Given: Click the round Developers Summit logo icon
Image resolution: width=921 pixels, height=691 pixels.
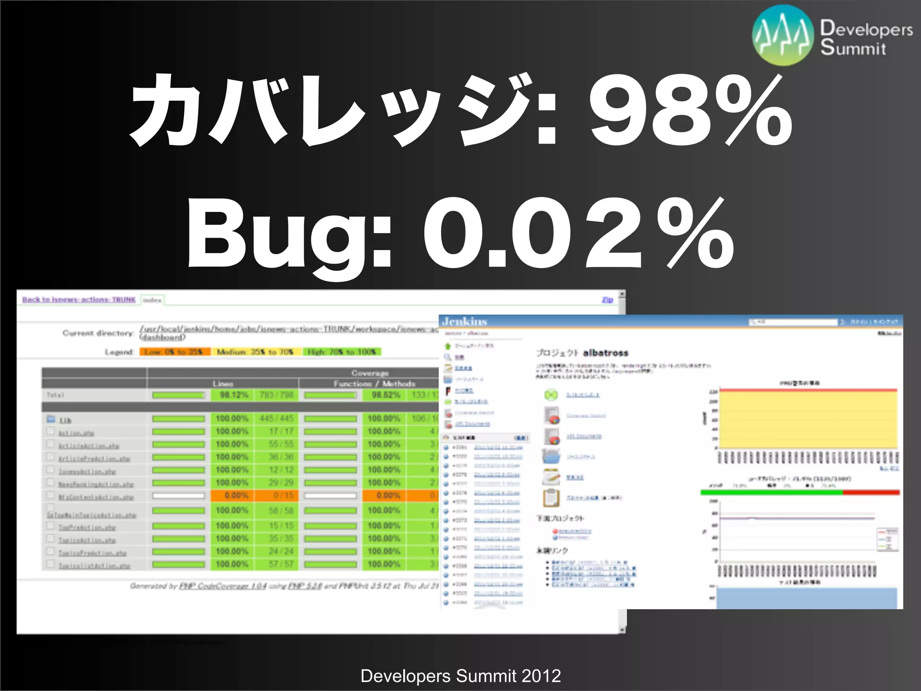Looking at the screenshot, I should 783,36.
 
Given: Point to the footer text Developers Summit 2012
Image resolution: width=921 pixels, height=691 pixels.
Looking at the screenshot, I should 460,676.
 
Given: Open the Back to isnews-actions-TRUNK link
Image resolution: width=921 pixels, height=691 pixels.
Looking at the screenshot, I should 79,300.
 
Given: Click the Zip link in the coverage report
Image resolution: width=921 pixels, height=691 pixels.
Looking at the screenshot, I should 607,300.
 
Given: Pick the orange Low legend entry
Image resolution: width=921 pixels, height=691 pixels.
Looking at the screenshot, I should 174,352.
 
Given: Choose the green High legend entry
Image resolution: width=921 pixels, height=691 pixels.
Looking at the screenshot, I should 342,352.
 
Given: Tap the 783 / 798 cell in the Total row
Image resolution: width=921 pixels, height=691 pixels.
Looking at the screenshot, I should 277,395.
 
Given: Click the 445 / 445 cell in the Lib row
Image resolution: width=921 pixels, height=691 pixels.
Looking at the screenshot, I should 277,419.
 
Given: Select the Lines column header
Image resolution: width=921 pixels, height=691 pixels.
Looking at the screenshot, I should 223,384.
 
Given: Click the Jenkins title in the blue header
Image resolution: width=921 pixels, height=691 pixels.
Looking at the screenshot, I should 465,321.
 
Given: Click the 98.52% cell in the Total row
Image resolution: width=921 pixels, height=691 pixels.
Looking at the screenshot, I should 386,395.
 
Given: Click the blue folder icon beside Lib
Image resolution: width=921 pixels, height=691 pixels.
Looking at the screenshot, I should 51,419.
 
